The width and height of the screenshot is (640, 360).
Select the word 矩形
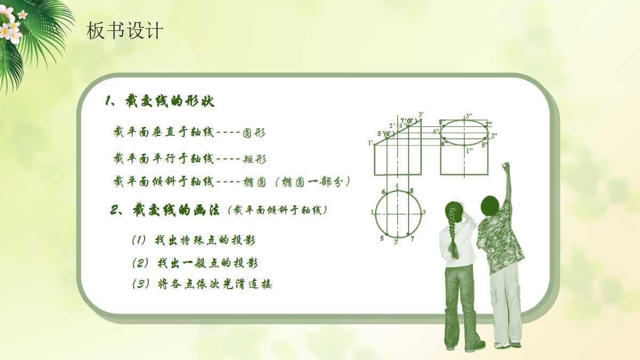[x=255, y=159]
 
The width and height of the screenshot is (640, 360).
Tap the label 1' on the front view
[x=370, y=143]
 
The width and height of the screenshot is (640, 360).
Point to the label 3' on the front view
[x=421, y=115]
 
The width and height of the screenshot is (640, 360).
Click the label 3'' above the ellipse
[x=469, y=116]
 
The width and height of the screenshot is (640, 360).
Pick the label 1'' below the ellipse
[x=469, y=151]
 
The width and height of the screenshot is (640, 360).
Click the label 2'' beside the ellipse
[x=494, y=135]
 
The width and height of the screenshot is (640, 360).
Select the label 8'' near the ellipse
[x=442, y=122]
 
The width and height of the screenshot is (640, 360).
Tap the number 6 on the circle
[x=383, y=191]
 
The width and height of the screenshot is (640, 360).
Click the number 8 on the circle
[x=412, y=190]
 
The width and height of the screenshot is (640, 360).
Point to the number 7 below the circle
[x=412, y=238]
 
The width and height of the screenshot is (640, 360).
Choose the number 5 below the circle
[x=382, y=238]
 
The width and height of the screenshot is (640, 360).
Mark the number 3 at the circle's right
[x=424, y=212]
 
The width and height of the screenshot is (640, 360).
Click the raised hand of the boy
[x=506, y=166]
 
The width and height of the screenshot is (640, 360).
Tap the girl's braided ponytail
[x=454, y=229]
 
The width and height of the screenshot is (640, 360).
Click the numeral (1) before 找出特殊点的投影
[x=139, y=241]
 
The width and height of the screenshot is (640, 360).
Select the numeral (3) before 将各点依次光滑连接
[x=140, y=284]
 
